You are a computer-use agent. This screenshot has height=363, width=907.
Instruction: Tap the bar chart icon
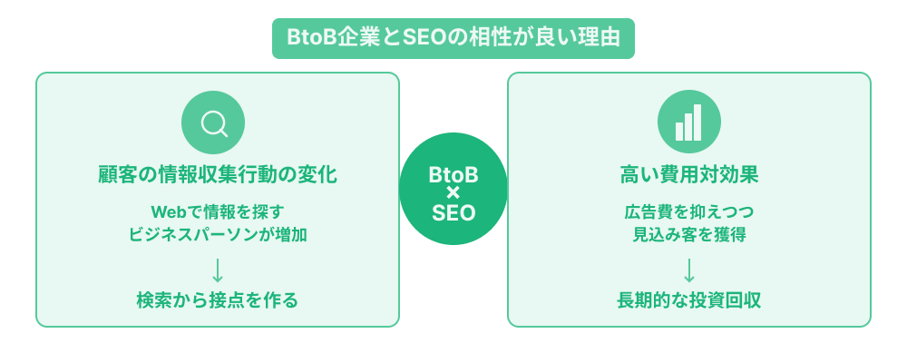click(688, 123)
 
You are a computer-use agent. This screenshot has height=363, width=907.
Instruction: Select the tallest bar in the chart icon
click(697, 122)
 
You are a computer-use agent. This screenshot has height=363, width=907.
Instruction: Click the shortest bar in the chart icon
click(679, 131)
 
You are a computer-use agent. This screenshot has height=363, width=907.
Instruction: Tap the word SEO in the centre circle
click(453, 211)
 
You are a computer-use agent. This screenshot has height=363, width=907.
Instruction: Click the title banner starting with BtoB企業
click(453, 38)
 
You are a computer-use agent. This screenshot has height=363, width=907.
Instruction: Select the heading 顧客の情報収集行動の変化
click(218, 174)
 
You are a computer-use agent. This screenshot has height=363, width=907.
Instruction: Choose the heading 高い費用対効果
click(689, 174)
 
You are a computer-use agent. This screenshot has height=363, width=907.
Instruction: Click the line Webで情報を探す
click(218, 211)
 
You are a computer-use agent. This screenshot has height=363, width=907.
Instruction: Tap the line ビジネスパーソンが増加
click(218, 234)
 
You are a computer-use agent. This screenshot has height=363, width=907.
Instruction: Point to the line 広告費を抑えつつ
click(689, 211)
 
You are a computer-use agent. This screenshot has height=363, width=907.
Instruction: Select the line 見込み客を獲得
click(689, 234)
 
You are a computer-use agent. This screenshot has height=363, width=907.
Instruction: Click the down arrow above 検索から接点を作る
click(218, 270)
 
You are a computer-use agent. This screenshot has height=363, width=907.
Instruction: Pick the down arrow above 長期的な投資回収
click(689, 270)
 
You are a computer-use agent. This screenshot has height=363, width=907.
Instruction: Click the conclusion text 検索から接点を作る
click(218, 300)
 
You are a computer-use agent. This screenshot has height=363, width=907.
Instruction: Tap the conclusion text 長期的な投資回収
click(689, 300)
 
